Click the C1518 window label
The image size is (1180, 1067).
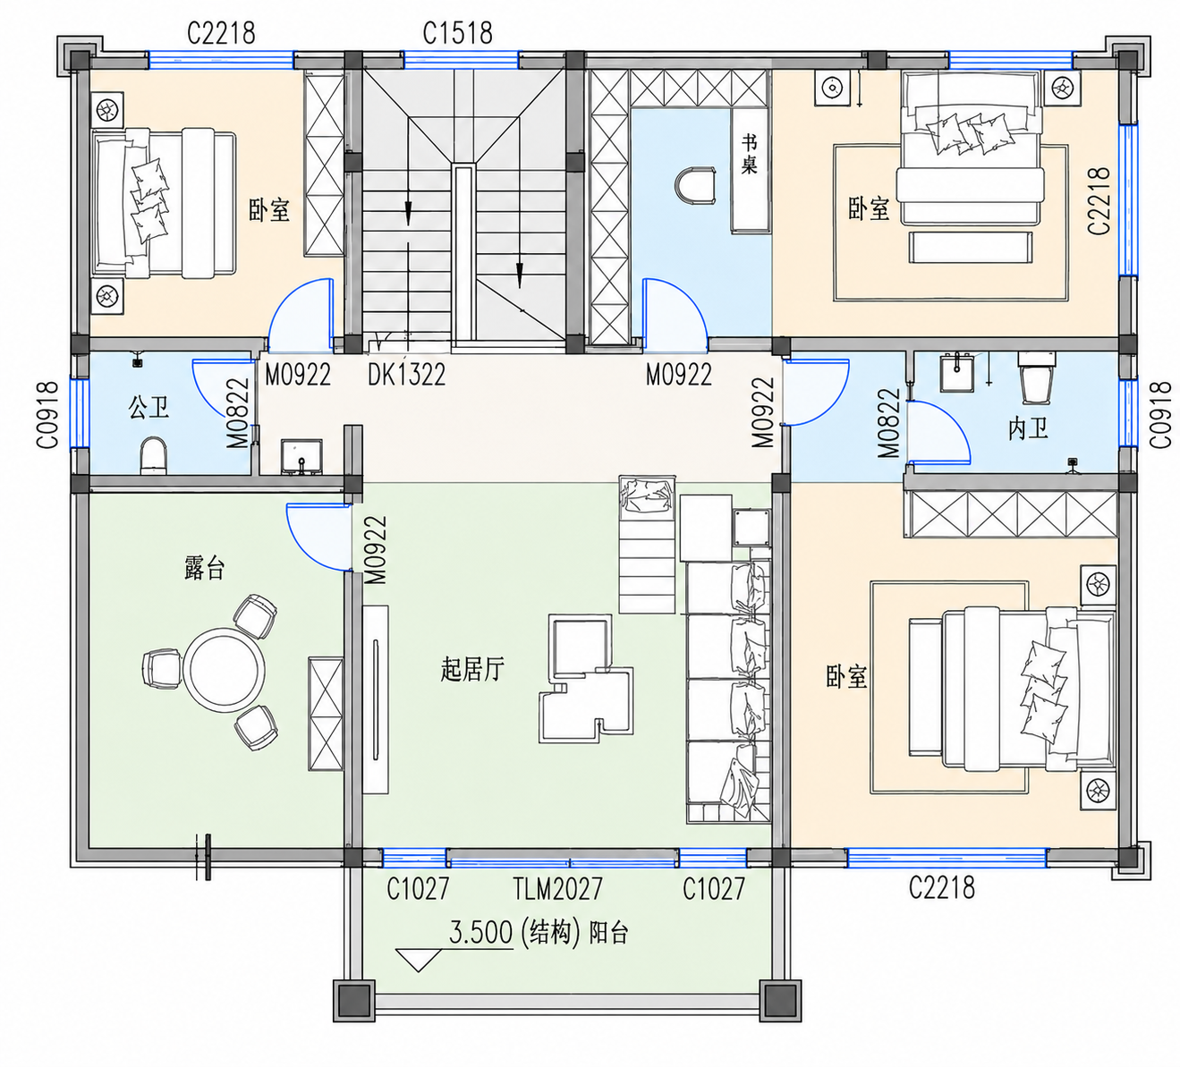457,33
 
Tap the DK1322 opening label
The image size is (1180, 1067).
406,374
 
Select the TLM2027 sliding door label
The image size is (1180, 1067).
557,888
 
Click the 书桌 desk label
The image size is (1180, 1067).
749,154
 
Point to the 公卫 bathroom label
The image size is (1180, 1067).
149,407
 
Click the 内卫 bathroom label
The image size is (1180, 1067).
1028,429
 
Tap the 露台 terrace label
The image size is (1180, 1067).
204,568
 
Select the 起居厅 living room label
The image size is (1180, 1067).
472,669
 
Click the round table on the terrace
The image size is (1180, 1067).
224,669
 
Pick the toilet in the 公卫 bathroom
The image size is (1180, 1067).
154,456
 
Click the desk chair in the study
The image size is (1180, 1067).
695,186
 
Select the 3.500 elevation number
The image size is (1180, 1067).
480,932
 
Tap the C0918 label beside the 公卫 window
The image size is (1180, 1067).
48,414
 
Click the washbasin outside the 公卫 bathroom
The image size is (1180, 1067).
301,456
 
